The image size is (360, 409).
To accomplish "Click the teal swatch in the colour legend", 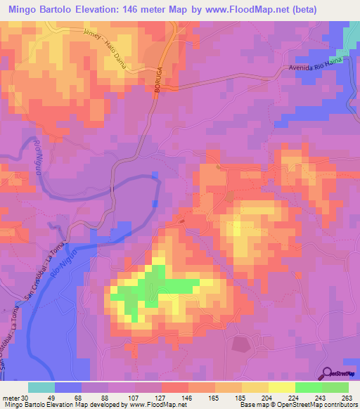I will click(x=41, y=387).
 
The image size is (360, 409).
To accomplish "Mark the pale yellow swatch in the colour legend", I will click(x=281, y=387).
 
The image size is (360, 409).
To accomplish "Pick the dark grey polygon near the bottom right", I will click(x=241, y=344).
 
